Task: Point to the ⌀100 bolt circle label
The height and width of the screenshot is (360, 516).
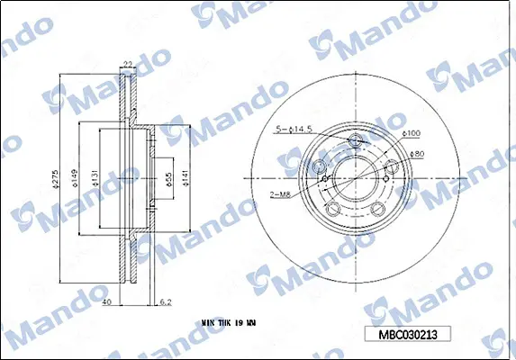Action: coord(412,133)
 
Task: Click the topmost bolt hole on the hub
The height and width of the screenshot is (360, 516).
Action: coord(355,140)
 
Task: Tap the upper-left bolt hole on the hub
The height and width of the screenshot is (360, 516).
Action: coord(319,167)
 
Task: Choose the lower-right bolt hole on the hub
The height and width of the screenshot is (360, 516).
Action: coord(378,211)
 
